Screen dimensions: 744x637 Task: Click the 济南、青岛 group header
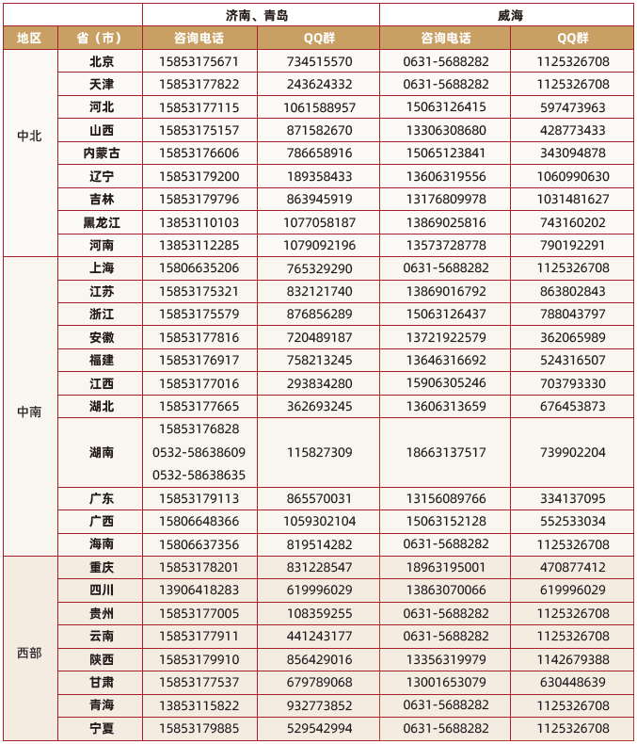click(x=262, y=15)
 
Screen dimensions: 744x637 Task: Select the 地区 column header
click(x=30, y=39)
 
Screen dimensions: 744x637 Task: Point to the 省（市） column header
click(x=101, y=39)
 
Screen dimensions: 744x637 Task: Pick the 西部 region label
click(x=30, y=648)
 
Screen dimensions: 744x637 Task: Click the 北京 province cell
click(x=101, y=61)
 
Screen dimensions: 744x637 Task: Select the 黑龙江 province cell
click(x=101, y=222)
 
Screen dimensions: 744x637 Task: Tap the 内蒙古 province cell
click(x=101, y=154)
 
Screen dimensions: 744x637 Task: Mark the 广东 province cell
click(x=101, y=498)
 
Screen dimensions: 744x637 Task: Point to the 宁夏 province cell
click(x=101, y=728)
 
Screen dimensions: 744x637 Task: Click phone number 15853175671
click(x=199, y=61)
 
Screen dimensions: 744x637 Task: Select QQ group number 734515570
click(x=320, y=61)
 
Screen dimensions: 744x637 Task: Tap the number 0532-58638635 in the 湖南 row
click(x=199, y=475)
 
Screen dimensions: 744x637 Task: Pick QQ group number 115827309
click(x=320, y=452)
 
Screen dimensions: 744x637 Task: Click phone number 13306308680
click(x=446, y=130)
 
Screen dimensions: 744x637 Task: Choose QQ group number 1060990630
click(x=573, y=176)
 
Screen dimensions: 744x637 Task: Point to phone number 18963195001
click(x=446, y=567)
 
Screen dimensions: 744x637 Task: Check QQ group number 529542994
click(x=320, y=728)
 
